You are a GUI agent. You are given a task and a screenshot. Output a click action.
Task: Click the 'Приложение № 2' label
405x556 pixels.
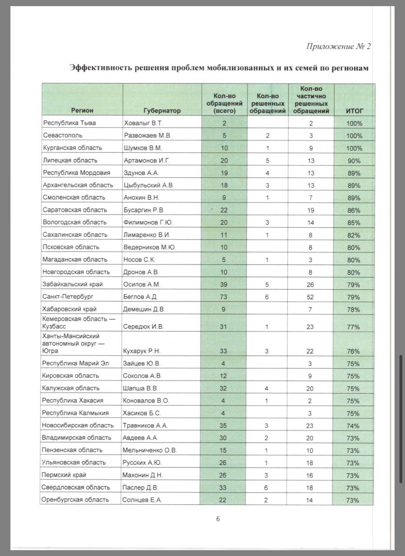pos(338,46)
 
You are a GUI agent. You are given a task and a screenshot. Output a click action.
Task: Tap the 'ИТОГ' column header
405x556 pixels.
pos(354,110)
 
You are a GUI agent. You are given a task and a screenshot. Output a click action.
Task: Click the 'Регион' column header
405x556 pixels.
pos(83,110)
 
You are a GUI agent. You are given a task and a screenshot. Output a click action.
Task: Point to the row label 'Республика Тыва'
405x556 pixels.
pos(69,123)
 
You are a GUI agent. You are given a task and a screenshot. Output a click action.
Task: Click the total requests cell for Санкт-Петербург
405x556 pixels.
pos(223,297)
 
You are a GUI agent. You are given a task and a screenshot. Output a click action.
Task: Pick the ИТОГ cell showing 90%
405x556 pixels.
pos(354,161)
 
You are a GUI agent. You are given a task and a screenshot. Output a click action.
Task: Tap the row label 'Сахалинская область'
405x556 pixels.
pos(75,235)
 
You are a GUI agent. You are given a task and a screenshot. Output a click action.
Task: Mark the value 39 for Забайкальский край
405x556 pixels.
pos(223,285)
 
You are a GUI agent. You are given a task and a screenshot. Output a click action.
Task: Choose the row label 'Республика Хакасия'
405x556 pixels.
pos(73,400)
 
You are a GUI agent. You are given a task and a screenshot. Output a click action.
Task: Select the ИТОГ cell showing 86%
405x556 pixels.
pos(354,210)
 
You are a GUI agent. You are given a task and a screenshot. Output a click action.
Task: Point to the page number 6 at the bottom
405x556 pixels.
pos(218,519)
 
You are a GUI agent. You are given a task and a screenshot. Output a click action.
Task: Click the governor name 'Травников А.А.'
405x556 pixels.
pos(146,426)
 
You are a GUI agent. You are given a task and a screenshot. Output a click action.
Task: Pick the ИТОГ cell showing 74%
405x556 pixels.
pos(353,426)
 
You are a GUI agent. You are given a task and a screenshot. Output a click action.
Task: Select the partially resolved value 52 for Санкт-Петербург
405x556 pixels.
pos(310,297)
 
